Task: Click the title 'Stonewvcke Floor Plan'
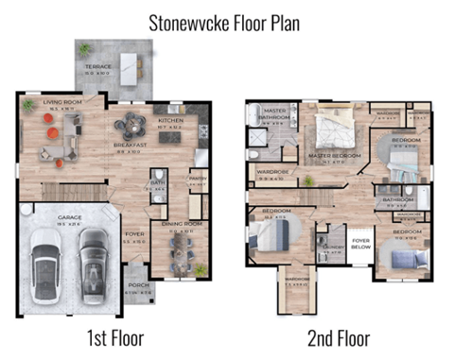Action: (225, 23)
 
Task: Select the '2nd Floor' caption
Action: (339, 336)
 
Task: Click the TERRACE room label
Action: (99, 67)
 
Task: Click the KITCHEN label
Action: (170, 120)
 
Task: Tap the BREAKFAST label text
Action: (128, 146)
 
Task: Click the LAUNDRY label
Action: (332, 246)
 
